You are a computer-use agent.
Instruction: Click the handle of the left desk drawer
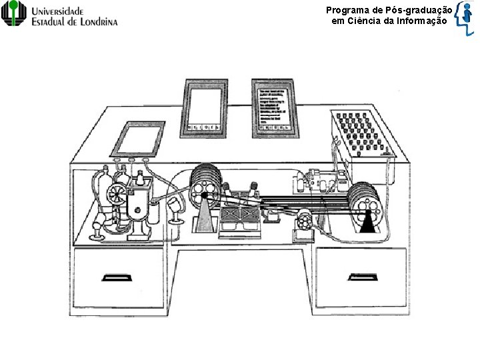[115, 277]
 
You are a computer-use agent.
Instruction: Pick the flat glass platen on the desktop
[138, 138]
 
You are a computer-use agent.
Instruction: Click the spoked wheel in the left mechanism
[114, 193]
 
